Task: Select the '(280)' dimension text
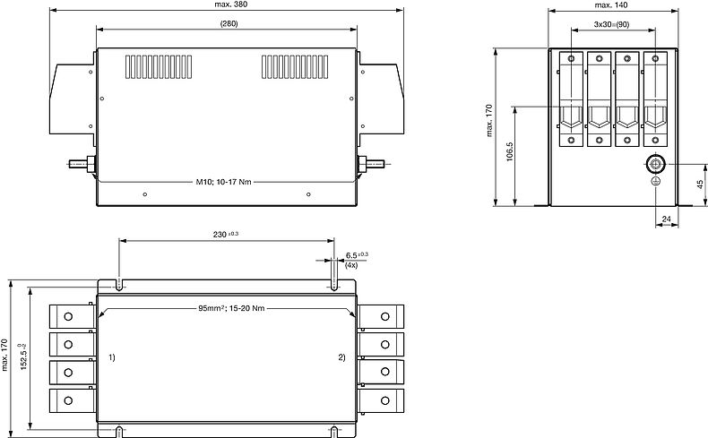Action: (x=229, y=23)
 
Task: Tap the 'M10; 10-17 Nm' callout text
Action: (x=223, y=182)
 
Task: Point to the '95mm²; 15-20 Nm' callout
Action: (x=231, y=308)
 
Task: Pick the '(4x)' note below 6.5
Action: (x=351, y=265)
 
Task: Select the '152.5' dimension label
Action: (x=23, y=357)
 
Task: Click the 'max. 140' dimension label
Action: (x=611, y=5)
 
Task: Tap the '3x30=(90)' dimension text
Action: (x=612, y=24)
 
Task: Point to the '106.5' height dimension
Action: (x=510, y=152)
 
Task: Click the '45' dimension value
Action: (x=700, y=184)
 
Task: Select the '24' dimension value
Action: (x=667, y=219)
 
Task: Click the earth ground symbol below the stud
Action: (x=656, y=181)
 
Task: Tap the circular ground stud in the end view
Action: (x=656, y=164)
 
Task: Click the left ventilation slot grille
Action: (x=159, y=67)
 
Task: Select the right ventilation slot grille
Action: (x=295, y=67)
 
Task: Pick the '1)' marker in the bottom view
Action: (x=111, y=357)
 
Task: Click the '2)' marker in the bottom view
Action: (x=341, y=357)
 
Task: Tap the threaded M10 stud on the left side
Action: (x=82, y=164)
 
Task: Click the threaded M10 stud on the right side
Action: (x=371, y=164)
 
